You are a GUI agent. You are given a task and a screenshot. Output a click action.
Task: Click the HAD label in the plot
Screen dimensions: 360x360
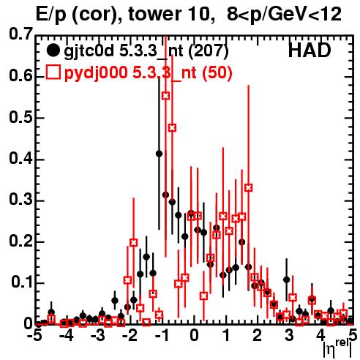click(310, 50)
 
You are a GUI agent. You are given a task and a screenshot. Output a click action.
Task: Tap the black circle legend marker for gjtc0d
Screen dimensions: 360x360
click(53, 50)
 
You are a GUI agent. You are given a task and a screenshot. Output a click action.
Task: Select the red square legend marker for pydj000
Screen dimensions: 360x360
click(53, 72)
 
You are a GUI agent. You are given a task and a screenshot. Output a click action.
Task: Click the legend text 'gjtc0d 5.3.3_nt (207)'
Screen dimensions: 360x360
click(146, 51)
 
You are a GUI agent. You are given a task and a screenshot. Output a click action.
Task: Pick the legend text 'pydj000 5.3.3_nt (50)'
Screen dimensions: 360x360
click(148, 73)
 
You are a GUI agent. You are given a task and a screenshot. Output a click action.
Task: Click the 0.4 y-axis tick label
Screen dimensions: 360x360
click(20, 158)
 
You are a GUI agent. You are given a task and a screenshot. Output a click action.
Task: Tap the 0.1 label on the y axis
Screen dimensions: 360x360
click(22, 282)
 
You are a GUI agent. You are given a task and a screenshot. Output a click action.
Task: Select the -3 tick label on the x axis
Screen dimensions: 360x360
click(99, 335)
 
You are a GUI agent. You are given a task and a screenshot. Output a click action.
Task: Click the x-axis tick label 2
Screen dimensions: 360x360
click(258, 335)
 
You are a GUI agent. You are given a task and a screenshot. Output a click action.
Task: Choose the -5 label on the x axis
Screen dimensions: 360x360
click(35, 335)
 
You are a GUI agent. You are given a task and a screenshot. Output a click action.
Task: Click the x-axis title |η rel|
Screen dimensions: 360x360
click(337, 348)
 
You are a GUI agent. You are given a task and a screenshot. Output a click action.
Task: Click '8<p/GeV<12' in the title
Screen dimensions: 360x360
click(284, 15)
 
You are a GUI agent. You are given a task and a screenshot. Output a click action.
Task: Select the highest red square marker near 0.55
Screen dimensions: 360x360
click(165, 96)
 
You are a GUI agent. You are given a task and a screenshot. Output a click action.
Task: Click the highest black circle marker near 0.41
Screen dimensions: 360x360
click(159, 154)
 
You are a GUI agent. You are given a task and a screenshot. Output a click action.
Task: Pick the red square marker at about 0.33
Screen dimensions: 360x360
click(249, 188)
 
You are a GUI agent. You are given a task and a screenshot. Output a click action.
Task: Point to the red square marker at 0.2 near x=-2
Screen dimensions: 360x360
click(133, 243)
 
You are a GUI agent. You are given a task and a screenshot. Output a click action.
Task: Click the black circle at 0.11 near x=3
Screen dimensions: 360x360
click(287, 280)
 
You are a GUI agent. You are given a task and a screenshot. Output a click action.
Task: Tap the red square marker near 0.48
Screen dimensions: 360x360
click(173, 128)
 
